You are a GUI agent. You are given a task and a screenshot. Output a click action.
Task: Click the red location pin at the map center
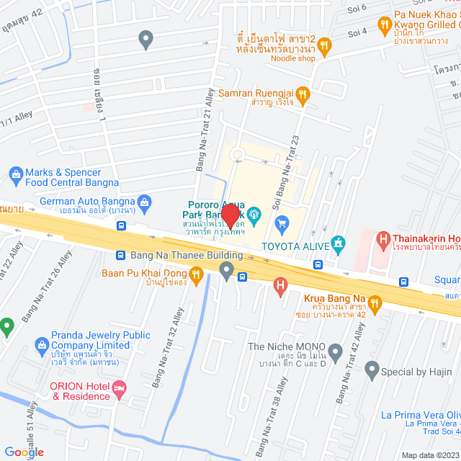click(230, 216)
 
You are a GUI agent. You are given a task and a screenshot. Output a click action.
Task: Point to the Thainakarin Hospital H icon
click(384, 238)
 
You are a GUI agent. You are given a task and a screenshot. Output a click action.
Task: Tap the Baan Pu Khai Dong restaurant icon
click(195, 273)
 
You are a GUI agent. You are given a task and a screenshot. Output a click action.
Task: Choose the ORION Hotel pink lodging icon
click(119, 389)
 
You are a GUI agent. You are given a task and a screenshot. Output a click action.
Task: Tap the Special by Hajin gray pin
click(372, 371)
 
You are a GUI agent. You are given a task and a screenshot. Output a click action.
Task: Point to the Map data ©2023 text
click(429, 455)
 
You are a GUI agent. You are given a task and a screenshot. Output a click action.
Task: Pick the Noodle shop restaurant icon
click(324, 47)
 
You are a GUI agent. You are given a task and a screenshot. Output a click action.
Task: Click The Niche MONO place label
click(286, 346)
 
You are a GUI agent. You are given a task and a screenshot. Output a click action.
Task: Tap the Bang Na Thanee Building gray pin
click(227, 271)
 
